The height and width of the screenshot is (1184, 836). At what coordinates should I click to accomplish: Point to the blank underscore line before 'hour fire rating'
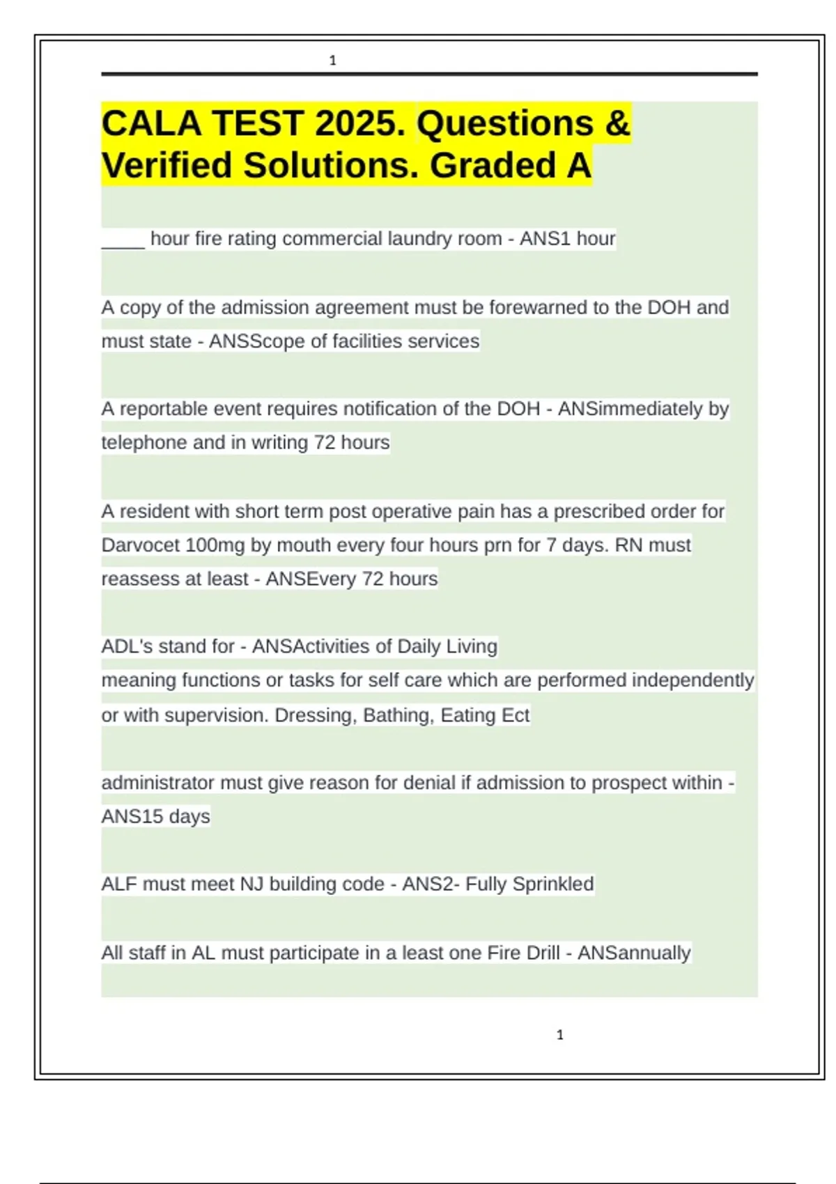coord(123,240)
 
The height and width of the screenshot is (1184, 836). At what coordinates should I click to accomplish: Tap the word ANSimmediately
coord(630,409)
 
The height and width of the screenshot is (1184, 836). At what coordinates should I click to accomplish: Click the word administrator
coord(157,783)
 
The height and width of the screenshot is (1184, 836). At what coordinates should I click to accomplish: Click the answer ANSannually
coord(634,953)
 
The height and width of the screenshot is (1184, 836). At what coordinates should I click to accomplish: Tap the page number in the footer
coord(559,1035)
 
